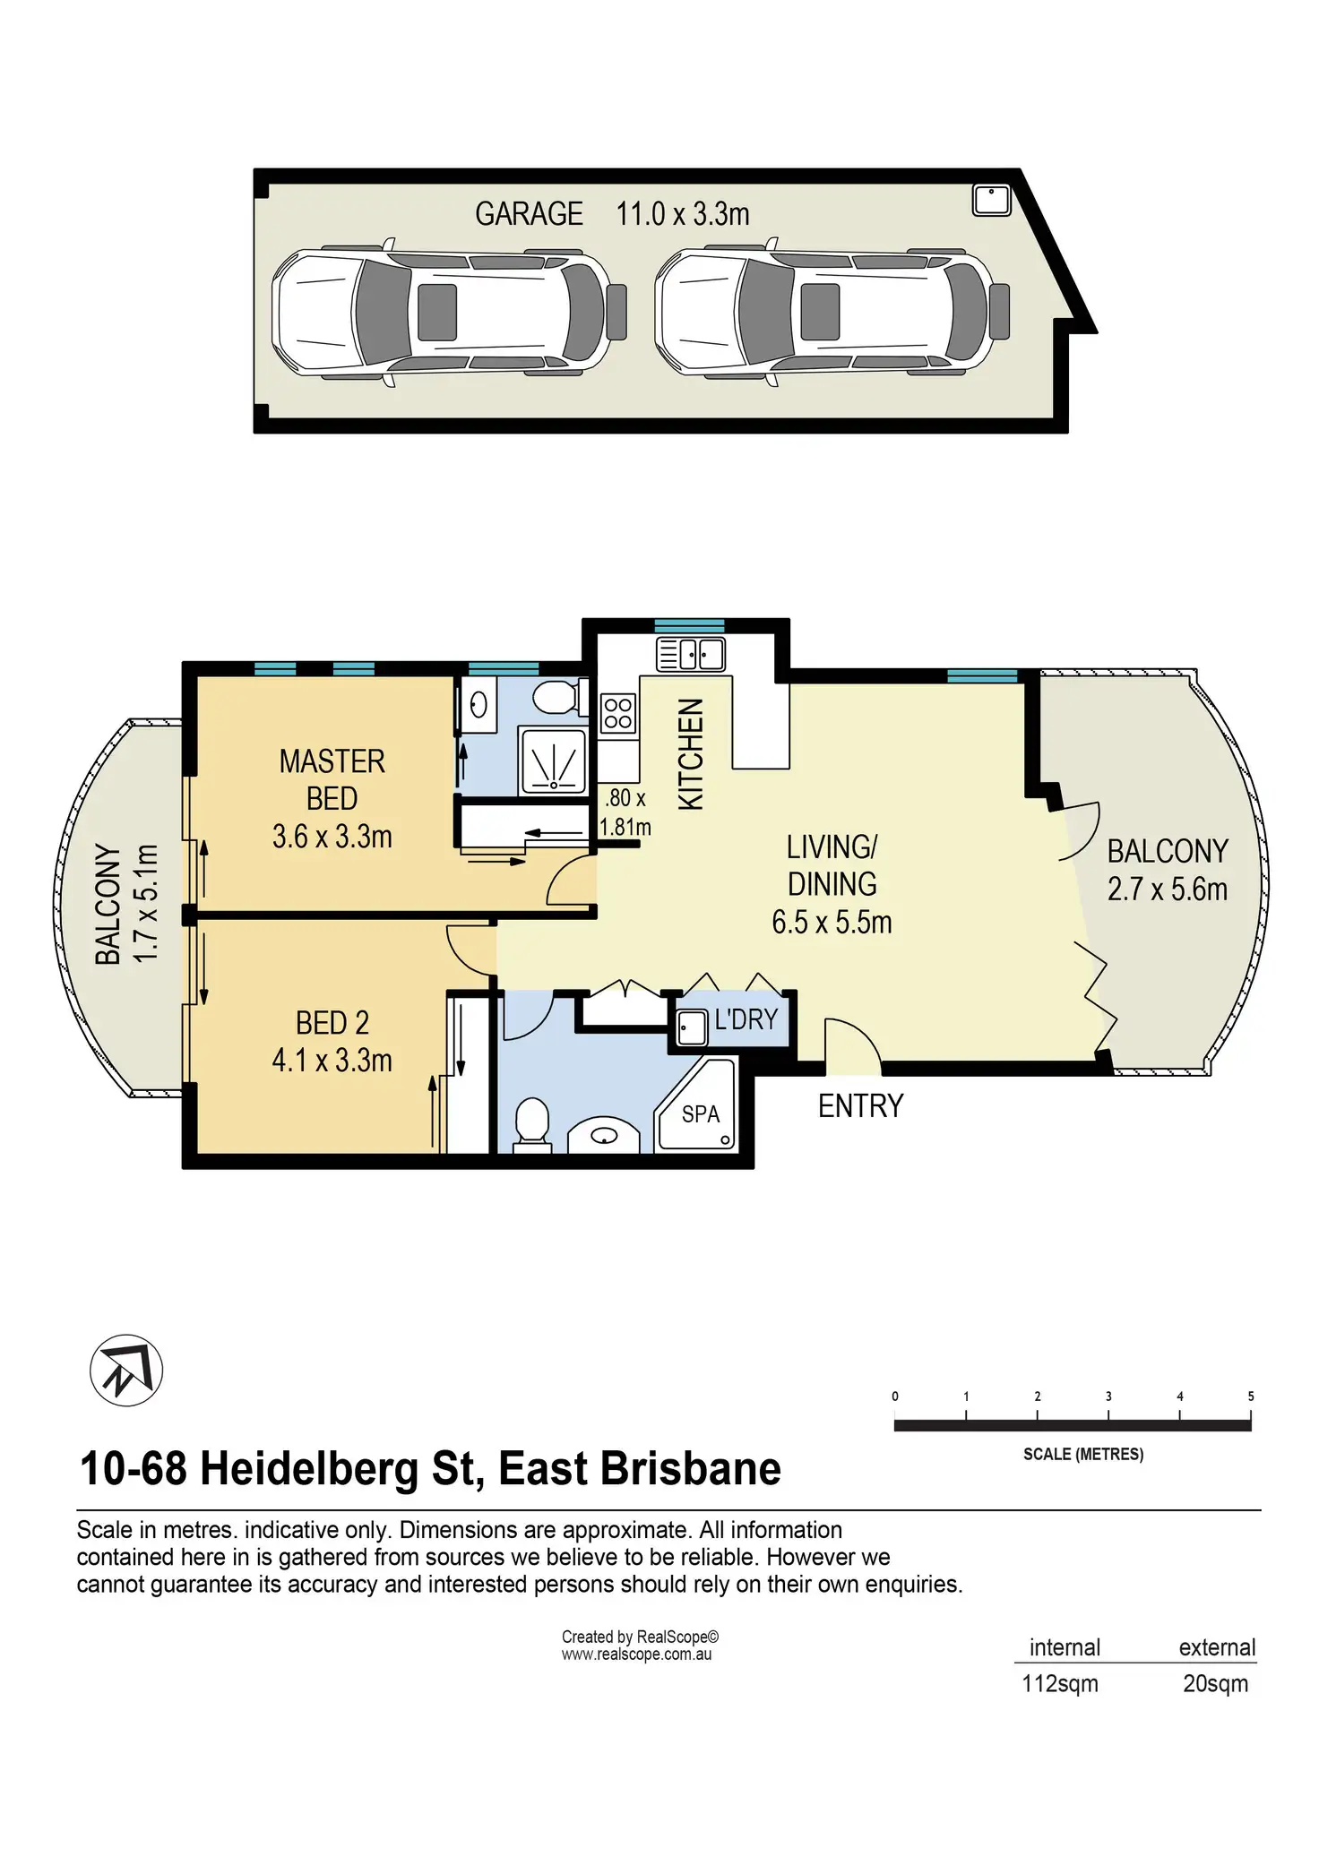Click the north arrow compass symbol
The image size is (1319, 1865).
(x=126, y=1370)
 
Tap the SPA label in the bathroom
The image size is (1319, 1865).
(x=701, y=1113)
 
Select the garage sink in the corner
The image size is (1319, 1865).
(x=992, y=200)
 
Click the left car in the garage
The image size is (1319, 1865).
(x=449, y=312)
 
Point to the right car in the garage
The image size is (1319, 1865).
(x=832, y=312)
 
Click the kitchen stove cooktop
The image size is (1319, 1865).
(x=618, y=714)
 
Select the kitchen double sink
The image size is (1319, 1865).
(x=691, y=654)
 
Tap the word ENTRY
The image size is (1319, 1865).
(x=860, y=1106)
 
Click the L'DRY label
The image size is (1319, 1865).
(x=746, y=1019)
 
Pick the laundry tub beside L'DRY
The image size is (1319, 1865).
(x=692, y=1028)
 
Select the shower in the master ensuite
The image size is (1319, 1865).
(x=554, y=761)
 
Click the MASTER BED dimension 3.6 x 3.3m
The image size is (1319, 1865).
(x=332, y=837)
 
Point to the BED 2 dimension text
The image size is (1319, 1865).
(x=332, y=1061)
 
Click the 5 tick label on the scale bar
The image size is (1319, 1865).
(x=1251, y=1397)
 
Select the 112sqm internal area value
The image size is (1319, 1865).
(x=1060, y=1684)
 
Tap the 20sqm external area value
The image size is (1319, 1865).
(x=1216, y=1684)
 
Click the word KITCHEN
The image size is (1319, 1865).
(x=691, y=754)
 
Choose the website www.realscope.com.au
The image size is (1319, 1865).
(x=637, y=1654)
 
